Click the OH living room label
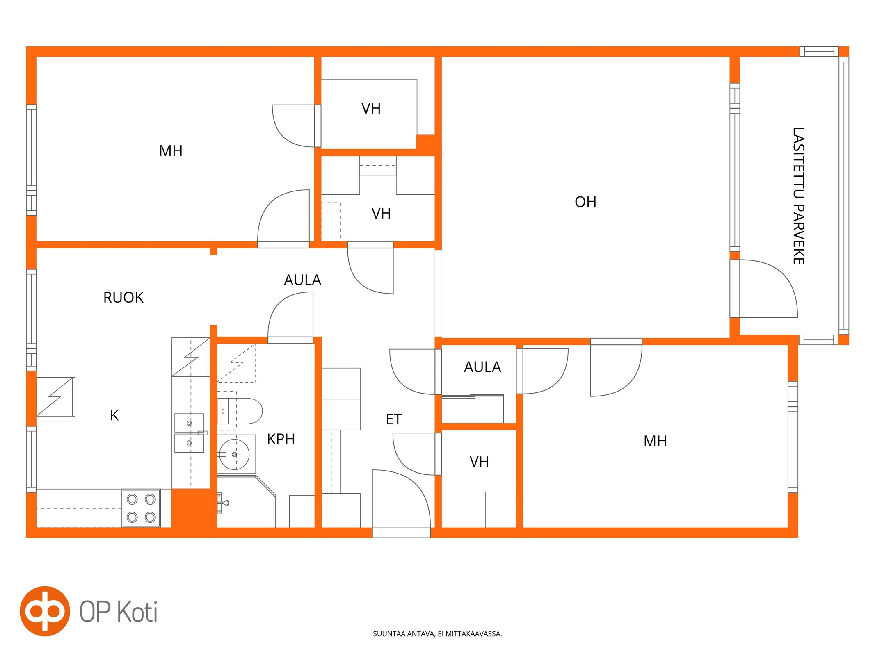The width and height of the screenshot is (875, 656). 585,202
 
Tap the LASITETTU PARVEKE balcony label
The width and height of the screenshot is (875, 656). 798,196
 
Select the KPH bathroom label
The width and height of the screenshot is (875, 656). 281,439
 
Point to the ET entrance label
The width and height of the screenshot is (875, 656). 393,419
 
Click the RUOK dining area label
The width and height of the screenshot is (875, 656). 123,297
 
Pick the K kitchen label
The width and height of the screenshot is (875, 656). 114,415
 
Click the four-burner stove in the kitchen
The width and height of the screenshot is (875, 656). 141,508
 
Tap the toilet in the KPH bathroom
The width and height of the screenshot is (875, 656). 239,411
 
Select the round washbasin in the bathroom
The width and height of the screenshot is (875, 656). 234,454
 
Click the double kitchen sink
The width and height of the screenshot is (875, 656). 189,433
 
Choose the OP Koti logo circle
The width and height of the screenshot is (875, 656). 45,611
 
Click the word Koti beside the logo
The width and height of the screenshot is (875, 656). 137,612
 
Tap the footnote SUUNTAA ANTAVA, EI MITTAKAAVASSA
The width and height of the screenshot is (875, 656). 437,634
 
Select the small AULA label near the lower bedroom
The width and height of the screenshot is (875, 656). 482,367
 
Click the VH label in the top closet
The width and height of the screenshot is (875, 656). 371,109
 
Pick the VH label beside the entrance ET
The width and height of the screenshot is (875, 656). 479,462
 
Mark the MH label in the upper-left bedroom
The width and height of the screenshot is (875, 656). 171,151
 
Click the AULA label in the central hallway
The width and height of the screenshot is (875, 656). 302,280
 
